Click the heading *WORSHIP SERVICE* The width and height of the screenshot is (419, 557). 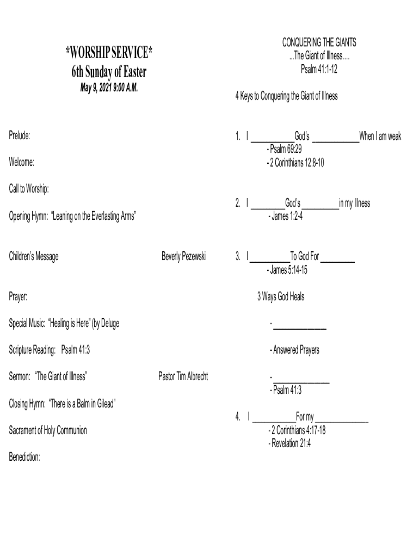(x=109, y=54)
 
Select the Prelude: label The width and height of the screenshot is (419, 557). (x=20, y=136)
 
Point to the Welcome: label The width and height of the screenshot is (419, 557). (x=22, y=162)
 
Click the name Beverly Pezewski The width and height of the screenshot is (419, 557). (x=183, y=256)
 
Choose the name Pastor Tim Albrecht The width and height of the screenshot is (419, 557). (x=183, y=376)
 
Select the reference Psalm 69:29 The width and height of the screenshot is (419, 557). (x=285, y=149)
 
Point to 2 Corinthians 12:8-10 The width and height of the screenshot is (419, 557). (x=297, y=162)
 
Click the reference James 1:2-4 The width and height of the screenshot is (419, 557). (x=287, y=216)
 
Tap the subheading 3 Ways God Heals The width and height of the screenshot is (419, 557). (x=281, y=297)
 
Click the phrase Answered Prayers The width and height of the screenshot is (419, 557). (x=295, y=350)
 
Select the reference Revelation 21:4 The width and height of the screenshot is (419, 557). (x=291, y=443)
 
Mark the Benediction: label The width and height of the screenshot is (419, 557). (x=24, y=457)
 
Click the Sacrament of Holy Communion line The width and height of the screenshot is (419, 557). (x=48, y=431)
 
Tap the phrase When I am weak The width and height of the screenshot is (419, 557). (x=380, y=136)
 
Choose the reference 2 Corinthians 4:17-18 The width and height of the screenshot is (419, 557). (x=298, y=431)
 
